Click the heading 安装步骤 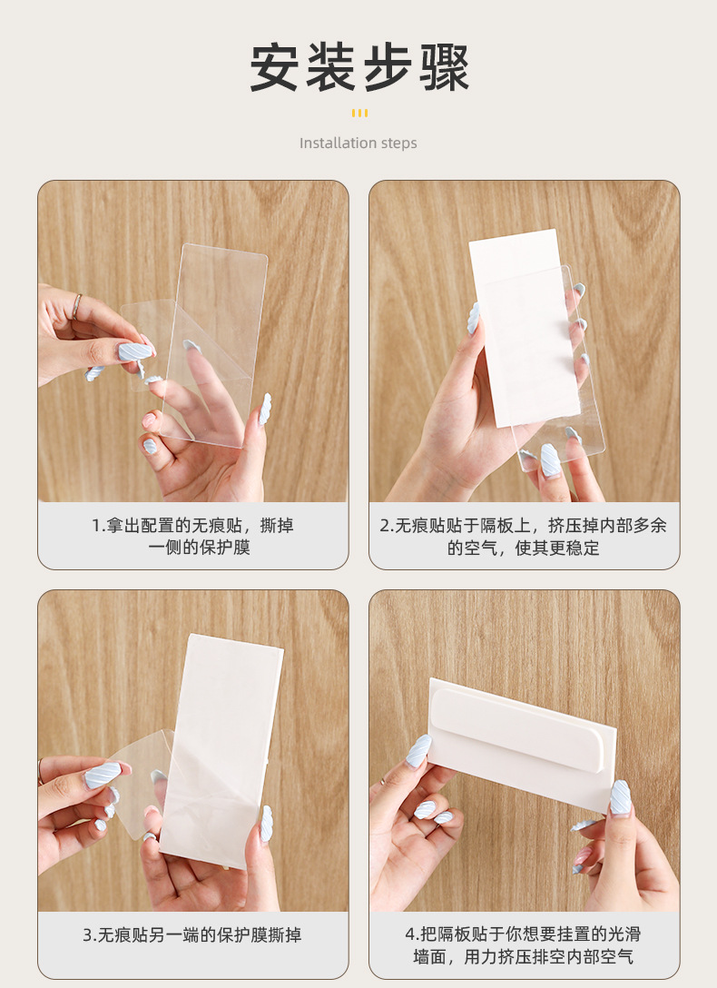point(359,68)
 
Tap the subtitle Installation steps point(358,143)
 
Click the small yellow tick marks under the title point(359,114)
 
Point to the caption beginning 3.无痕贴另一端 point(192,934)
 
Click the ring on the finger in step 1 point(78,306)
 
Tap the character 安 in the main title point(275,68)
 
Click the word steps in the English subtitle point(398,143)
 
